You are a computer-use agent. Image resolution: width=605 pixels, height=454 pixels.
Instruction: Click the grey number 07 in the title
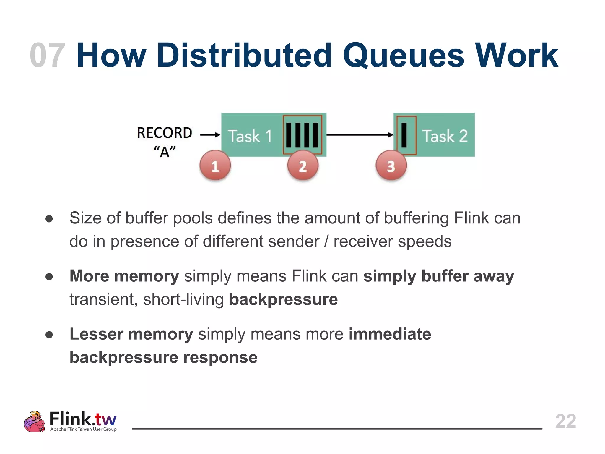47,55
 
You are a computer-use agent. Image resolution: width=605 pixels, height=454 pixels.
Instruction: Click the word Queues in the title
404,55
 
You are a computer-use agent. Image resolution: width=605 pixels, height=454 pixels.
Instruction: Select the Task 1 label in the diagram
250,136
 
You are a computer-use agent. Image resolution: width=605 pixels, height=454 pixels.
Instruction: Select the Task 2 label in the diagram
445,136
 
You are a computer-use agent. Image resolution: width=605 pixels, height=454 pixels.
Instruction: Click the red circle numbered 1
215,166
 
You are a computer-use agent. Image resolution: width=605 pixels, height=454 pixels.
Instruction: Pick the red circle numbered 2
303,166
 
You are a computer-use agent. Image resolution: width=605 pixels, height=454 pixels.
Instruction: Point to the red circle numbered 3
391,166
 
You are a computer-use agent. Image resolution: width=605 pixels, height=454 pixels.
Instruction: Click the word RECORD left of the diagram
165,133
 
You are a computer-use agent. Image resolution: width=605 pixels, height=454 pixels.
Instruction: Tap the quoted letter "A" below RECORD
165,152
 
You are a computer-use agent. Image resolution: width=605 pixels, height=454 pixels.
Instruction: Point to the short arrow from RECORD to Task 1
210,135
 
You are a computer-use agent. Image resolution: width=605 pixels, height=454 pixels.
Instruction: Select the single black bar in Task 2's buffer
404,135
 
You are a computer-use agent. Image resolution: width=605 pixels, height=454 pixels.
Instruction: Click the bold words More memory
124,276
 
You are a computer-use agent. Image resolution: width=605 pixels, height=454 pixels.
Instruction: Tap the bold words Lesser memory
131,334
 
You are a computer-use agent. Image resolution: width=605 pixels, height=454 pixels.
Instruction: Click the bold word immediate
390,334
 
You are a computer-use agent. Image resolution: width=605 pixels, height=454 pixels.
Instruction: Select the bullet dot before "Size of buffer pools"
49,219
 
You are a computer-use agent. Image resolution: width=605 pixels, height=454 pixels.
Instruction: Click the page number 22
565,421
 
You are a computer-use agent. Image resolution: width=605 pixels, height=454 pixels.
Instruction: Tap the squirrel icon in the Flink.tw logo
34,421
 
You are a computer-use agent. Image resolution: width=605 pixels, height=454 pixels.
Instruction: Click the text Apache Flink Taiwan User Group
83,429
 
